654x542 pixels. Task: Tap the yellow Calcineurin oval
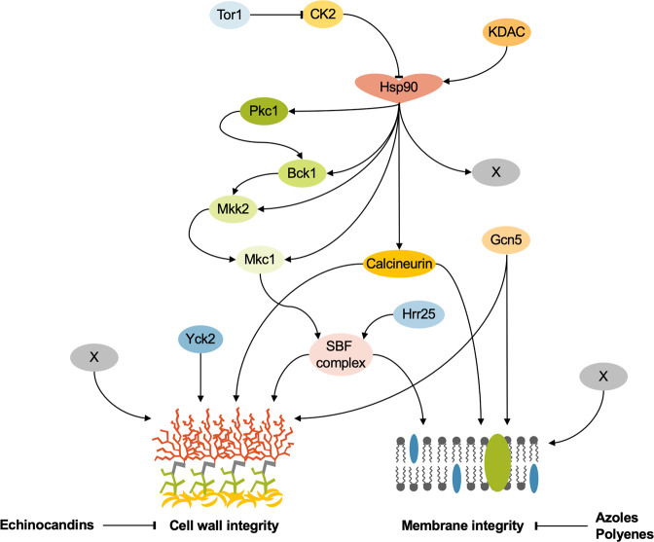coord(396,262)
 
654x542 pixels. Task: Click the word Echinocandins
coord(46,524)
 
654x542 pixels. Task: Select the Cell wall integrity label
coord(227,524)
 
